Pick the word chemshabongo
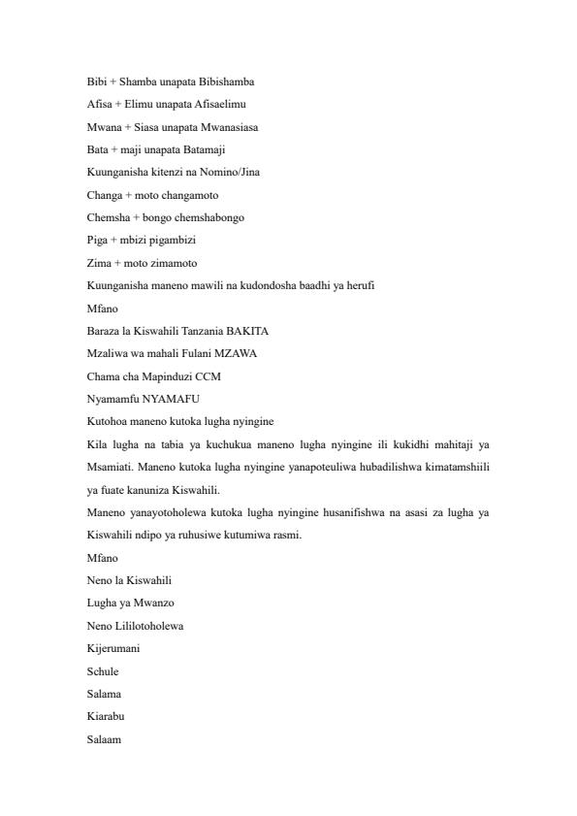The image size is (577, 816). pos(211,217)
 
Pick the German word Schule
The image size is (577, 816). pos(103,670)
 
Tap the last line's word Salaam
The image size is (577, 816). pos(103,739)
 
